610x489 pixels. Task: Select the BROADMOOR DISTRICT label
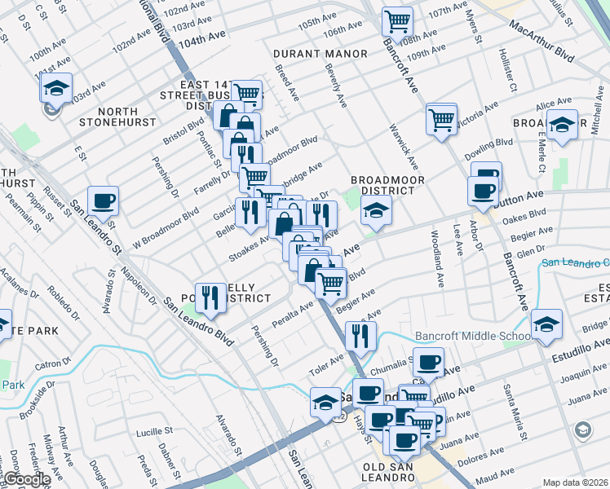pyautogui.click(x=382, y=185)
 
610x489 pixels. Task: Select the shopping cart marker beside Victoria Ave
pyautogui.click(x=441, y=118)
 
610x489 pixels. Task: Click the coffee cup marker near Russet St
pyautogui.click(x=104, y=200)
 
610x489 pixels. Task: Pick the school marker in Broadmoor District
pyautogui.click(x=376, y=212)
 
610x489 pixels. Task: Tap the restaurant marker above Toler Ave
pyautogui.click(x=359, y=335)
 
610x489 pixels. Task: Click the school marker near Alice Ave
pyautogui.click(x=562, y=125)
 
